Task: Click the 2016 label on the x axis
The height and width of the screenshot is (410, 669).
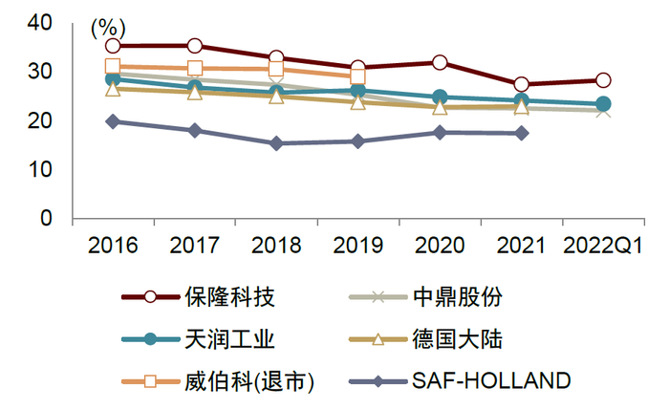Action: tap(113, 245)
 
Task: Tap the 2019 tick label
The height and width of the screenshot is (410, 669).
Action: tap(357, 245)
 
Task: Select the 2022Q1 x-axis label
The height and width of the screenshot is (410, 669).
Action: tap(602, 245)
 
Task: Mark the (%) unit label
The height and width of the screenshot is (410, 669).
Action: tap(108, 30)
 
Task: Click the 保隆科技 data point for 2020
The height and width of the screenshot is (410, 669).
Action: tap(440, 63)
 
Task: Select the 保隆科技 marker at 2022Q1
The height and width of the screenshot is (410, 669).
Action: tap(603, 80)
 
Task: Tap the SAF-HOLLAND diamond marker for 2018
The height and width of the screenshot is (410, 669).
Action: tap(276, 143)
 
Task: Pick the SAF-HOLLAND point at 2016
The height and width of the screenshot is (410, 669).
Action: tap(113, 121)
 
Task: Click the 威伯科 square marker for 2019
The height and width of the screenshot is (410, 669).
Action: tap(357, 76)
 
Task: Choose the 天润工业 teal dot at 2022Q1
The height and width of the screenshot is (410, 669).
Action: tap(603, 104)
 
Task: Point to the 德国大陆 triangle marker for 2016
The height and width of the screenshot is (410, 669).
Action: tap(113, 89)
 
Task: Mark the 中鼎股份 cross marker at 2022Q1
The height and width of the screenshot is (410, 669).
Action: tap(603, 111)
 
